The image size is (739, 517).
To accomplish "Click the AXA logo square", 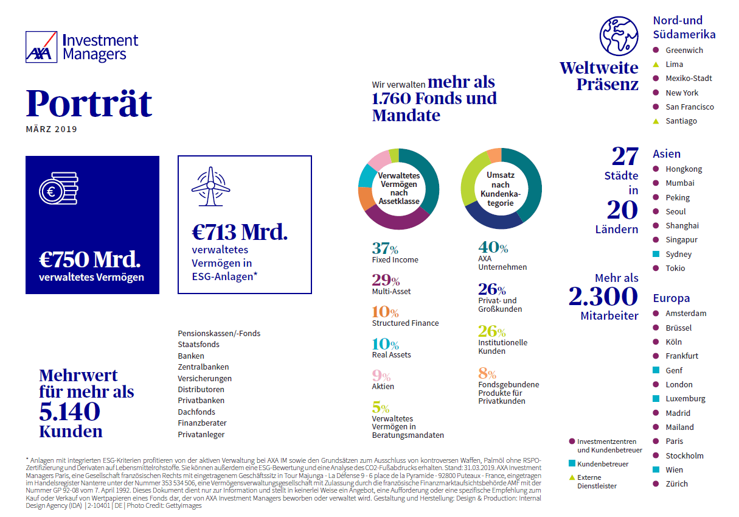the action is (x=41, y=47).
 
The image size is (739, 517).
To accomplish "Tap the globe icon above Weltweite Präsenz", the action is (x=619, y=36).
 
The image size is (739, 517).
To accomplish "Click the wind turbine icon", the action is (x=211, y=186).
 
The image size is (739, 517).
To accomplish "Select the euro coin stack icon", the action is (x=59, y=188).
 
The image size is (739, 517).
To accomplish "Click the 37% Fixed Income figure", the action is (x=385, y=248).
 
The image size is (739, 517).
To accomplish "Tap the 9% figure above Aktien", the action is (x=381, y=376).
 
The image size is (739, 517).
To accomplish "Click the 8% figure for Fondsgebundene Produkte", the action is (x=487, y=373).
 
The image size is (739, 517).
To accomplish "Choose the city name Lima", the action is (x=674, y=65).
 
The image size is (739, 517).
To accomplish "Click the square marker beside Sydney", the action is (x=656, y=254).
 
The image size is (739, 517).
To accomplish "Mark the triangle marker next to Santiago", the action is (x=656, y=121).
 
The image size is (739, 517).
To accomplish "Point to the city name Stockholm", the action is (x=684, y=456).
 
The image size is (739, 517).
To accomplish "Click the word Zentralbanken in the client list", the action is (x=203, y=367).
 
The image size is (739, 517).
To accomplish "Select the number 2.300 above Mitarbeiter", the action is (x=603, y=296).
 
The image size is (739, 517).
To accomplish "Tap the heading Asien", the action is (x=667, y=153).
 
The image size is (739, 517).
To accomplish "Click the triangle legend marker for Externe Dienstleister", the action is (x=572, y=477).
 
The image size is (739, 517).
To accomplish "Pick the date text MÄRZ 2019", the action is (x=52, y=129).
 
